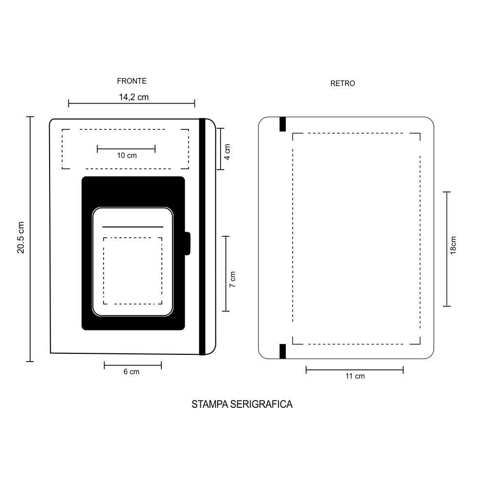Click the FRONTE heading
coord(132,81)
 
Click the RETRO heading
coord(343,84)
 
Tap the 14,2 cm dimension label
coord(134,97)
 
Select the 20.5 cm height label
coord(21,238)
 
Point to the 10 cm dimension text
coord(127,156)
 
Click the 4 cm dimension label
coord(227,152)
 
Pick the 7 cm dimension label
coord(232,279)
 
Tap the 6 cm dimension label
coord(131,372)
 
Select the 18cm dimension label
coord(453,245)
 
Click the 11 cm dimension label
coord(355,376)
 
